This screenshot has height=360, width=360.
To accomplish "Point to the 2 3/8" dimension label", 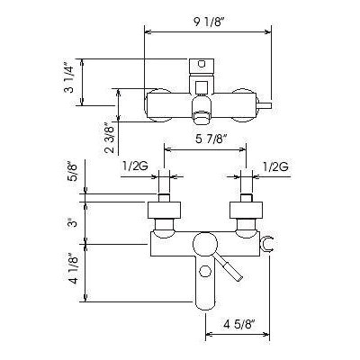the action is coord(111,138).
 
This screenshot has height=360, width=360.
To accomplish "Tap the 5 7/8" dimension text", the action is coord(210,139).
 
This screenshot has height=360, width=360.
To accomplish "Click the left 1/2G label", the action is coord(135,166).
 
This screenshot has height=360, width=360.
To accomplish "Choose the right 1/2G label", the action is coord(275,166).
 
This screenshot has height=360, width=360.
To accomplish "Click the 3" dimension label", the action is coord(71,223).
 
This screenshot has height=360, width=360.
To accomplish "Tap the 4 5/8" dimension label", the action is coord(239,324).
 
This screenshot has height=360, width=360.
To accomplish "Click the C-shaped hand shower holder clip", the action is coord(266,244).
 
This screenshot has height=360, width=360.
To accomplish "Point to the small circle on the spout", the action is coord(205,272).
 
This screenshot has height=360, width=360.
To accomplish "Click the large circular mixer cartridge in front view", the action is coord(205,245).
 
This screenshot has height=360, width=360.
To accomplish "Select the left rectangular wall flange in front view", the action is coord(165,210).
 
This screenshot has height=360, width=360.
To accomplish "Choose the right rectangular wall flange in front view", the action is coord(247,210).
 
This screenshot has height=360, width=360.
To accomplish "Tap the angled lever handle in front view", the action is coord(229,267).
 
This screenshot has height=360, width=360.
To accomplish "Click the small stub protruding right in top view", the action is coord(265,105).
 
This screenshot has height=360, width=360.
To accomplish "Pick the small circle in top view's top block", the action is coord(202,64).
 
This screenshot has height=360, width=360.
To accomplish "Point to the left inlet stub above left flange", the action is coord(164,198).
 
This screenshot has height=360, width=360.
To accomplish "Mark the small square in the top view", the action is coord(202,87).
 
